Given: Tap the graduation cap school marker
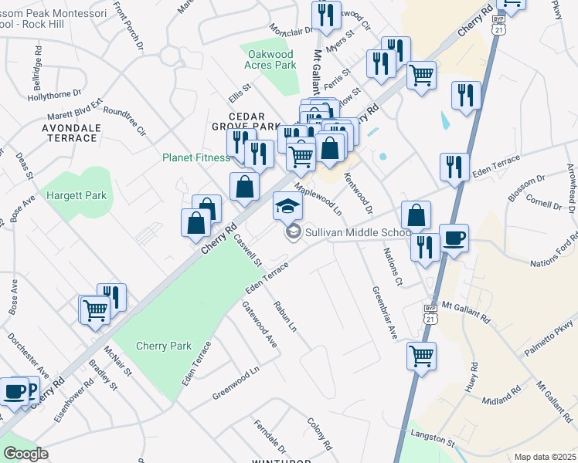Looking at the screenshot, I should (x=287, y=206).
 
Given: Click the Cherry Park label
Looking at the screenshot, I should (x=163, y=346).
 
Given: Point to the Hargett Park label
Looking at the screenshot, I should (x=74, y=195).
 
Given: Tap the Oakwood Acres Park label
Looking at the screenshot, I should (x=270, y=60).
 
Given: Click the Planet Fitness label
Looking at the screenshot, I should (x=195, y=157).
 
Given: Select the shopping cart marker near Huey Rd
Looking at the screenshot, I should (x=421, y=356).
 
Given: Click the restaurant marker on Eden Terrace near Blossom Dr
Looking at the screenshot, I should (x=454, y=167).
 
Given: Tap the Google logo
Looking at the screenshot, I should (x=25, y=454).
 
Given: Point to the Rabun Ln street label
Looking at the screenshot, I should (x=284, y=317).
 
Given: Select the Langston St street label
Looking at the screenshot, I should (x=433, y=437).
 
